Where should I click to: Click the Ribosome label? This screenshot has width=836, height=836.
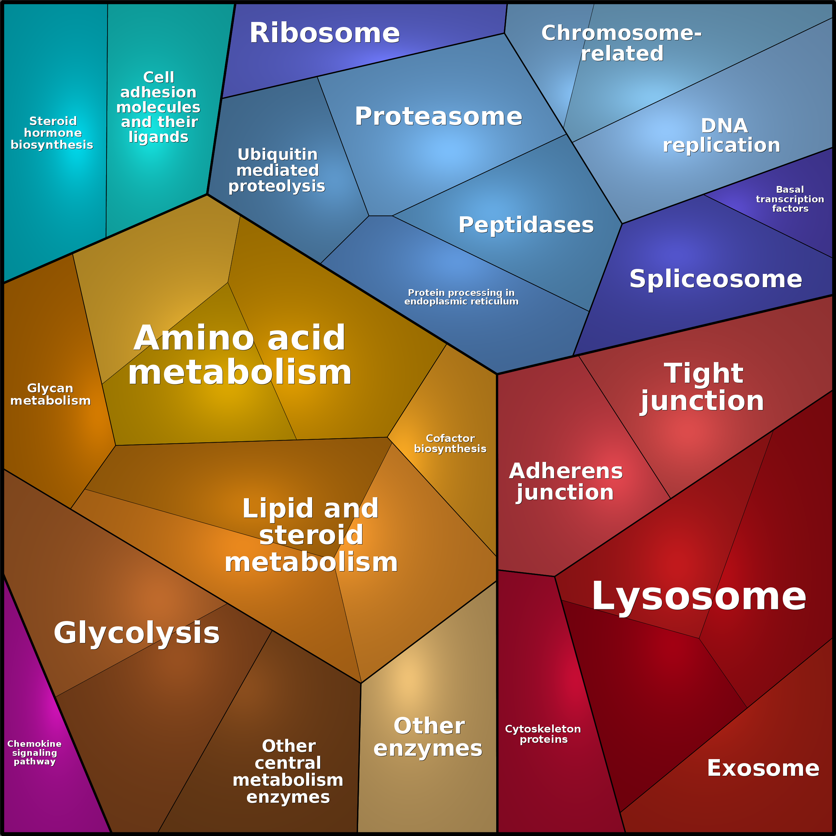click(324, 33)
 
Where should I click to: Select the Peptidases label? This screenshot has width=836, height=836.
click(526, 225)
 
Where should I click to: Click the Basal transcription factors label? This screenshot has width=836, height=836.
click(790, 199)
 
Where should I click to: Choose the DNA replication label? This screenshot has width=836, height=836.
click(722, 135)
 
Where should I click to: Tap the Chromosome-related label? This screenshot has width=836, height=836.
click(621, 43)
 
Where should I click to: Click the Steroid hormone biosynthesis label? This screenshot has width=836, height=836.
click(52, 133)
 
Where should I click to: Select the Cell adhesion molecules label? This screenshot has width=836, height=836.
click(158, 107)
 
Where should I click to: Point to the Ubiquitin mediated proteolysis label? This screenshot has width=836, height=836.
click(277, 170)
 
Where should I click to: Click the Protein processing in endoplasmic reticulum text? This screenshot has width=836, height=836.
click(461, 297)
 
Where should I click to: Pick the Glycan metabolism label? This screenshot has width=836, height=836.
click(51, 394)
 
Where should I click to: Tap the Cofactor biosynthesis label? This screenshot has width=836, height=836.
click(450, 444)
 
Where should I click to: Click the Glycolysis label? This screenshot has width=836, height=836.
click(137, 633)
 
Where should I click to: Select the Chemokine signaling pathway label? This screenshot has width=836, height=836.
click(35, 752)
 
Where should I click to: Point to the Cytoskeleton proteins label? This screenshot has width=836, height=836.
click(543, 734)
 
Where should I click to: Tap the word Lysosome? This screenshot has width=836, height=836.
click(699, 597)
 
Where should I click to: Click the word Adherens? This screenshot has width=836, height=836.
click(566, 471)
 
